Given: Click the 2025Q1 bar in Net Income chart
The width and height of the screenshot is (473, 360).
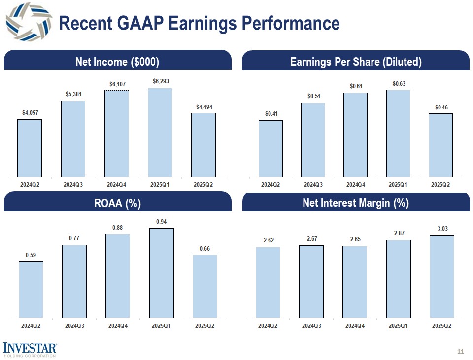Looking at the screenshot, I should tap(160, 132).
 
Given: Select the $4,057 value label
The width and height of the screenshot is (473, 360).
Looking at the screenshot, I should tap(29, 113).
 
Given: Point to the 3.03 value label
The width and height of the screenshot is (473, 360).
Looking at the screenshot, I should tap(442, 229).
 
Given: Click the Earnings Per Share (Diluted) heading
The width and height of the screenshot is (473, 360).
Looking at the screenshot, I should tap(356, 62).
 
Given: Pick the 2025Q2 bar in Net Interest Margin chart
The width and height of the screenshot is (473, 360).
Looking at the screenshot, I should tap(442, 276).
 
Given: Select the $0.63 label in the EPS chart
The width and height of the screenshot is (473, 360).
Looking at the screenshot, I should tap(399, 84).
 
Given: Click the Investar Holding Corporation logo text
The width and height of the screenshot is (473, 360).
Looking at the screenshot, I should tap(30, 350).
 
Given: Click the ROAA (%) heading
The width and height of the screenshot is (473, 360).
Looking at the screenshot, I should tap(117, 203).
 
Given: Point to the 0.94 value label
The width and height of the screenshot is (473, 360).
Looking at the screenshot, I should tap(161, 222).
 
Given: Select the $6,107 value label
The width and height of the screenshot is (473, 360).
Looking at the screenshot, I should tap(118, 84).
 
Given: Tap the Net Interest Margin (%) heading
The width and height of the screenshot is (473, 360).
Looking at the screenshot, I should tap(356, 203).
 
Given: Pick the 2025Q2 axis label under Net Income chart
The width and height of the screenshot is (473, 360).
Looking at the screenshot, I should tap(203, 185).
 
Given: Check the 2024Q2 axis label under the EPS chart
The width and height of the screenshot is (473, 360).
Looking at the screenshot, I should tap(270, 185).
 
